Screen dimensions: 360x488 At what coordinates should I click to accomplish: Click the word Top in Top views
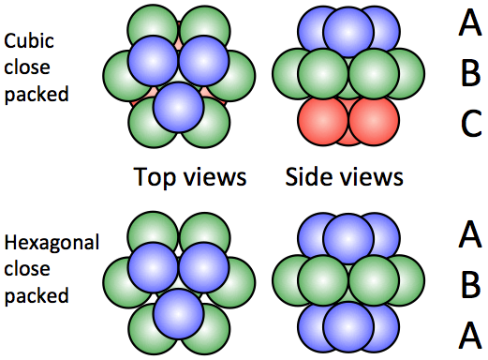(x=152, y=177)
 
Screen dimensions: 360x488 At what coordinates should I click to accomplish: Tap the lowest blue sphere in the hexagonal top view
(x=177, y=313)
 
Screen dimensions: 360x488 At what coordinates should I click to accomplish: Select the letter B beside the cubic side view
(x=470, y=74)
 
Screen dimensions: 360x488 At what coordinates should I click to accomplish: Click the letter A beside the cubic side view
(x=470, y=24)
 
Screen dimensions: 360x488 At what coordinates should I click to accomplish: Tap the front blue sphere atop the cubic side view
(x=348, y=33)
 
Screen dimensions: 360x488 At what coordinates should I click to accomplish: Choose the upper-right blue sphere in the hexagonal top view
(x=203, y=266)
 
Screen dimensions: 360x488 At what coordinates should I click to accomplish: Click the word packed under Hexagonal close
(x=37, y=295)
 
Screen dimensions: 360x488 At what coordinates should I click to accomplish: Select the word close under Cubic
(x=25, y=67)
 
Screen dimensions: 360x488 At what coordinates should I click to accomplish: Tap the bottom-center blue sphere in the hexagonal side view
(x=348, y=328)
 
